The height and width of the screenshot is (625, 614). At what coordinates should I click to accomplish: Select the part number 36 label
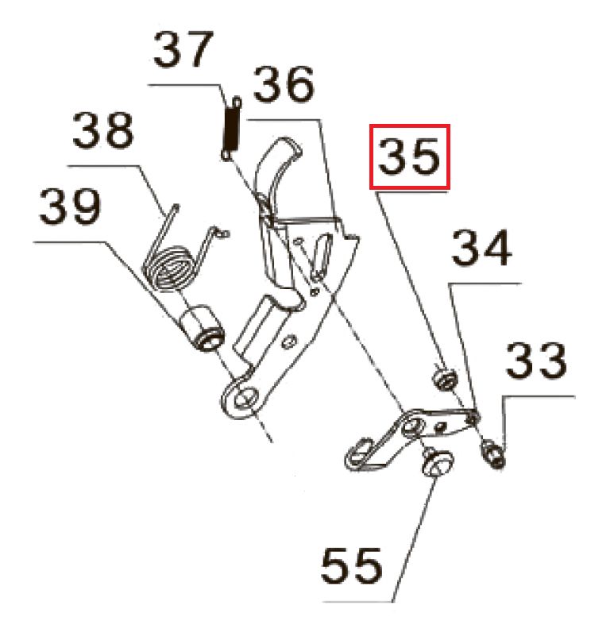pos(283,87)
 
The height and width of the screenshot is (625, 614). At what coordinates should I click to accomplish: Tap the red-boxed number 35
pos(410,157)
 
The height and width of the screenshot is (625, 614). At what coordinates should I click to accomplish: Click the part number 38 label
pos(104,131)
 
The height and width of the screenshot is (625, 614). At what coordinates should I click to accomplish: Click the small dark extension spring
pos(231,127)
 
